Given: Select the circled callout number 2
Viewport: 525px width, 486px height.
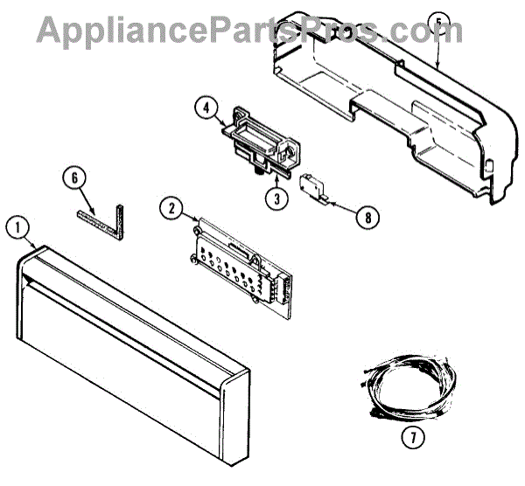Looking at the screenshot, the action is (x=172, y=209).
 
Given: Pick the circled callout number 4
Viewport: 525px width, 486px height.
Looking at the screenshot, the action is (x=205, y=110).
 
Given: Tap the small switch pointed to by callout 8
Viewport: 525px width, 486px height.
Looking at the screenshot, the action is (x=311, y=186).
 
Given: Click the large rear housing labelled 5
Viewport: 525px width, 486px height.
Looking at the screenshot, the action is (x=394, y=105).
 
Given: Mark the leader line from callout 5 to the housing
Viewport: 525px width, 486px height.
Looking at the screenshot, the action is (x=436, y=48).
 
